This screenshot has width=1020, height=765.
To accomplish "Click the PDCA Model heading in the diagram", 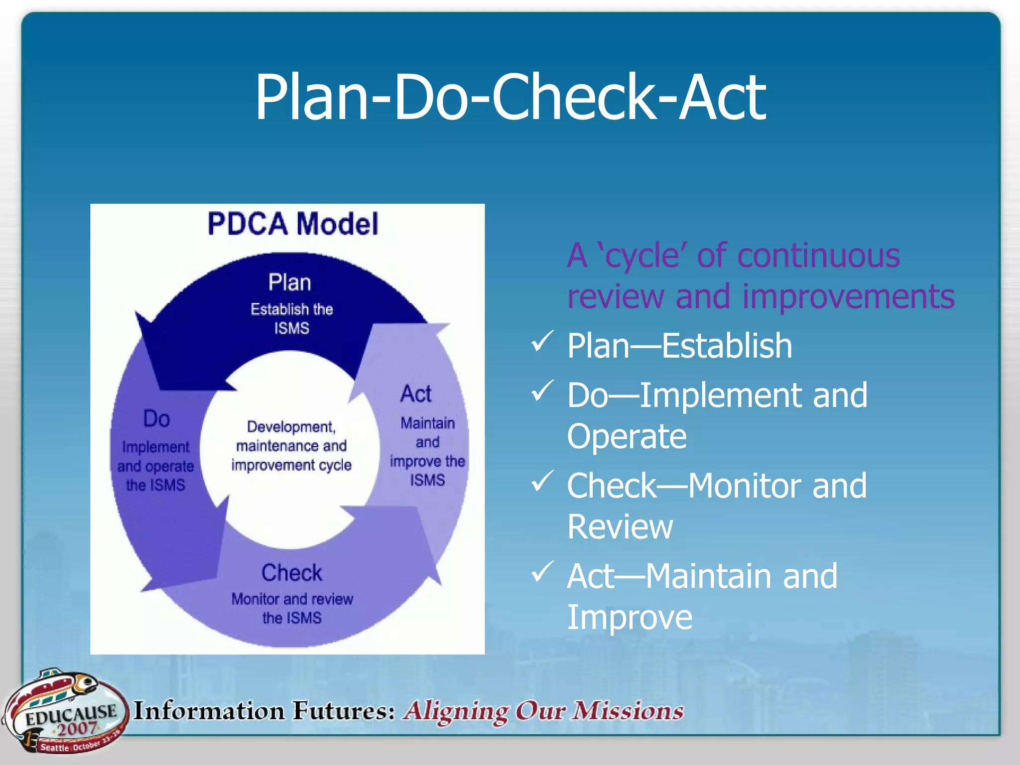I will pyautogui.click(x=293, y=224).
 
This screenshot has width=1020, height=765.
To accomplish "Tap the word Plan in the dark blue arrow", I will pyautogui.click(x=290, y=282).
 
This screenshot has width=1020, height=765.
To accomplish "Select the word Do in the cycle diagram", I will pyautogui.click(x=156, y=418).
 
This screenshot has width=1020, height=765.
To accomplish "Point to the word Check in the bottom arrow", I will pyautogui.click(x=292, y=573).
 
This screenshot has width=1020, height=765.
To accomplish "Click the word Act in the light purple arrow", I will pyautogui.click(x=416, y=393).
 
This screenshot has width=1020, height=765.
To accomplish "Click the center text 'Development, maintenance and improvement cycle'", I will pyautogui.click(x=291, y=446).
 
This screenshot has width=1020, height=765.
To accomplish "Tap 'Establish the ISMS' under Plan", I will pyautogui.click(x=292, y=319).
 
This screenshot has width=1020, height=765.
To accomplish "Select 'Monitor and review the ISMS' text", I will pyautogui.click(x=292, y=608).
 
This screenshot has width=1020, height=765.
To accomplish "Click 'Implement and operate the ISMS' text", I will pyautogui.click(x=155, y=466).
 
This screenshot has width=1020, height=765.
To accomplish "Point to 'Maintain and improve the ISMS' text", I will pyautogui.click(x=427, y=452).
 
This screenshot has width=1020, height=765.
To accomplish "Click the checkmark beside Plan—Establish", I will pyautogui.click(x=542, y=342).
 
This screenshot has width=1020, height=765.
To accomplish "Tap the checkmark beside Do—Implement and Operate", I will pyautogui.click(x=542, y=391).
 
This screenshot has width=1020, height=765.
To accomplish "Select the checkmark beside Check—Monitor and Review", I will pyautogui.click(x=542, y=481).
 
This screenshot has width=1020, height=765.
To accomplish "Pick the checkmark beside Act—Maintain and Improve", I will pyautogui.click(x=542, y=572).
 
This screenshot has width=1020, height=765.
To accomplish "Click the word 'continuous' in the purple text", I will pyautogui.click(x=818, y=255).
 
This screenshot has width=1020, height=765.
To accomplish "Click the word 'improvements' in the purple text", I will pyautogui.click(x=848, y=296).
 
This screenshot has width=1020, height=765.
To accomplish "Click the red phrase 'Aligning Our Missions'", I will pyautogui.click(x=543, y=711).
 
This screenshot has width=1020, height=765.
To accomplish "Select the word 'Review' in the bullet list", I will pyautogui.click(x=620, y=526).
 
